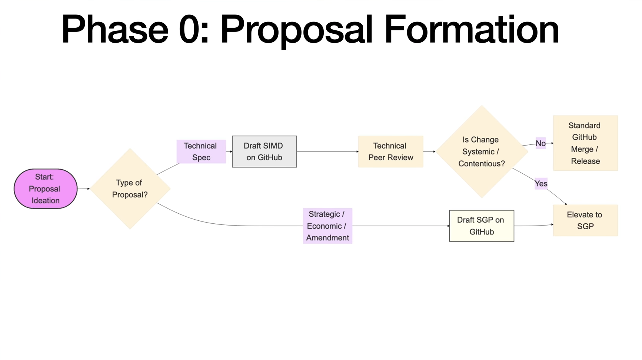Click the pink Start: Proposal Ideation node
pos(46,189)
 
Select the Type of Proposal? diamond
pos(130,189)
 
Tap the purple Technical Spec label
pos(201,151)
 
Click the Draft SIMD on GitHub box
pos(264,151)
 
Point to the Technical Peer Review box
pos(390,151)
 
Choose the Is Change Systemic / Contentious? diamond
pos(482,151)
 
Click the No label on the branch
pos(540,143)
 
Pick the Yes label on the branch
pos(541,184)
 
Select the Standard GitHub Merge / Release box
pos(585,143)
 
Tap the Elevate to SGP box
pos(585,220)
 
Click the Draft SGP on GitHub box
pos(481,226)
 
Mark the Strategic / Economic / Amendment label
pos(327,226)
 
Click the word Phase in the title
pos(115,30)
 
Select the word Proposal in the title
pos(296,30)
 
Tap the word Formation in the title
pos(471,30)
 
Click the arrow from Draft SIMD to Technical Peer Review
pos(327,151)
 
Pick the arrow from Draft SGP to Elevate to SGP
pos(533,225)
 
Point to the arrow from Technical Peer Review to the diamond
pos(429,151)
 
